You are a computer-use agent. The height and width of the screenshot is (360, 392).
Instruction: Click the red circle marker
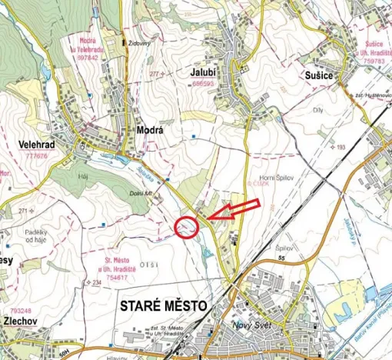pyautogui.click(x=186, y=227)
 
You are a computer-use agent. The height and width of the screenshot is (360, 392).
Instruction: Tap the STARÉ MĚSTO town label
pyautogui.click(x=164, y=306)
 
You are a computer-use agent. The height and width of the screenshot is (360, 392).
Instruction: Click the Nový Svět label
pyautogui.click(x=252, y=325)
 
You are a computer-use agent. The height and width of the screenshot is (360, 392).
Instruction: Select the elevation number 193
pyautogui.click(x=342, y=146)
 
